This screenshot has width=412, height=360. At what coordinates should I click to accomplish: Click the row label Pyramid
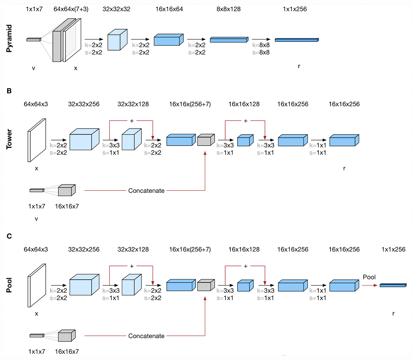(9, 38)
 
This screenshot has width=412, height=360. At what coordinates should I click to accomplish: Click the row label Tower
(9, 139)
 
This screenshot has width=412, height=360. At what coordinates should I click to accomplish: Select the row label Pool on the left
(9, 285)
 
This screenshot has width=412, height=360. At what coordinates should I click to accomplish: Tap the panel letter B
(9, 91)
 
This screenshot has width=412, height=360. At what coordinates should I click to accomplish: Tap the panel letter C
(9, 236)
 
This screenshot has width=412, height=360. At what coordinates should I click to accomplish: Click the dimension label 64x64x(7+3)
(71, 9)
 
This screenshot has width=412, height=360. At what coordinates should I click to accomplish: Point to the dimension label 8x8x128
(228, 9)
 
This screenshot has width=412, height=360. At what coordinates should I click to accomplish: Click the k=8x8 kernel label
(261, 45)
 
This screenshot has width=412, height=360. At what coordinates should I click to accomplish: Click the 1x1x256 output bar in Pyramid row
(297, 40)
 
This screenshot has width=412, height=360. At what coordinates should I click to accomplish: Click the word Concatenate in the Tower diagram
(146, 191)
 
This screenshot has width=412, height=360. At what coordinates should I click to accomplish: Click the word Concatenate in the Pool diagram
(146, 336)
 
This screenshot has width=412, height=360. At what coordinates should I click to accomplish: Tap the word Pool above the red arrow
(369, 277)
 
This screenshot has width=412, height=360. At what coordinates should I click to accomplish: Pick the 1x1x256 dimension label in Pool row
(393, 249)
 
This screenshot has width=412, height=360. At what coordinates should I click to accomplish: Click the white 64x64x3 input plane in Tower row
(36, 140)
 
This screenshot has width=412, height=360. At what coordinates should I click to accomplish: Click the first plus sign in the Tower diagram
(131, 121)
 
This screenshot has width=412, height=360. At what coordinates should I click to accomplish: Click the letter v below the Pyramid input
(33, 68)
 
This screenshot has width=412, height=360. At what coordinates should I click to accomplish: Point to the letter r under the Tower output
(344, 168)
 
